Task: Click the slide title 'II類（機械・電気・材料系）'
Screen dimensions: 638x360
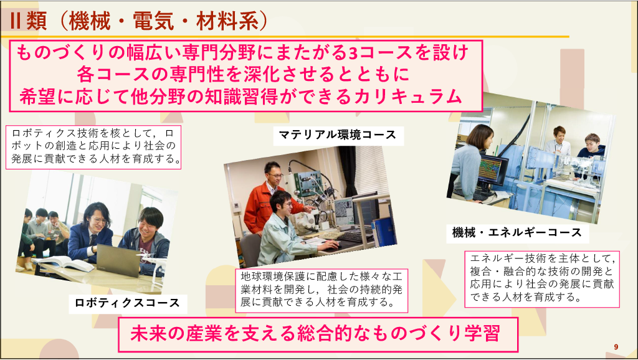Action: [139, 21]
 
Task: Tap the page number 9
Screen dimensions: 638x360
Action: [616, 347]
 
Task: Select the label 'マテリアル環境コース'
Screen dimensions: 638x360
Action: [337, 135]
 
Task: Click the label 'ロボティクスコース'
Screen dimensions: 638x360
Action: [127, 303]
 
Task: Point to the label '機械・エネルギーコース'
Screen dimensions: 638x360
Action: [517, 232]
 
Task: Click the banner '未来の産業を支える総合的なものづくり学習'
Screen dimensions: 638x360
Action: [318, 334]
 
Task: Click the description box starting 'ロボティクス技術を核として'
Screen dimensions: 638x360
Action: [93, 147]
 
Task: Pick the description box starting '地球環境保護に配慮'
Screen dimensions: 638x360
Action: [321, 290]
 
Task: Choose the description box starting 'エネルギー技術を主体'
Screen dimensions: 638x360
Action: [542, 279]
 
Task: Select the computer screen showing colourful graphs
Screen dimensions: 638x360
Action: [492, 169]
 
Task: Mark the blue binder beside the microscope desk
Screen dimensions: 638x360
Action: [383, 232]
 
